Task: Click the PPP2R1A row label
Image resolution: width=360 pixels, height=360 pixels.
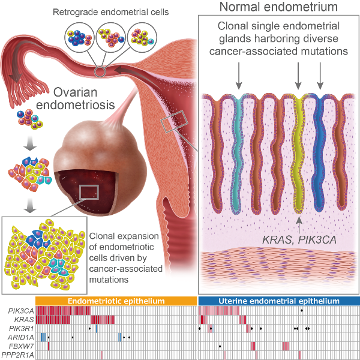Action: [22, 356]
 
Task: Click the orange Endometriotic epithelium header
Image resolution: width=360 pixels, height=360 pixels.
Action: [116, 301]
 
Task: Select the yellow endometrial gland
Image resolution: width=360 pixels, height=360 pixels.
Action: [298, 156]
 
